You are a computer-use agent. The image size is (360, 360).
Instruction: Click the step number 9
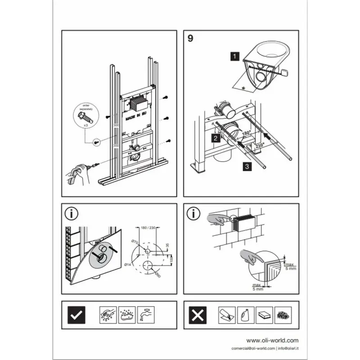tap(190, 38)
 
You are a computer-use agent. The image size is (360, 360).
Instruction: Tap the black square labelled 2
tap(216, 138)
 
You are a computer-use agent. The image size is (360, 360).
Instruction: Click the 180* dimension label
tap(246, 134)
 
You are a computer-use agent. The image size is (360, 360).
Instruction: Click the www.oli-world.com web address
tap(272, 341)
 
